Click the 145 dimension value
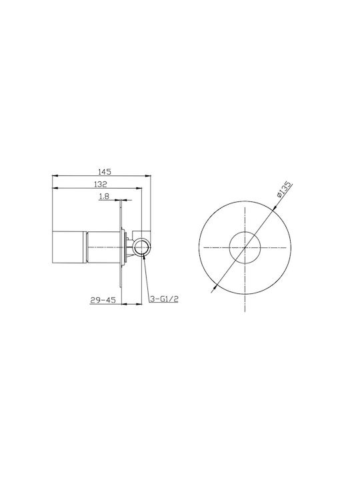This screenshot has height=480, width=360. [105, 172]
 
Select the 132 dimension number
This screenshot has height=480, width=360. [101, 184]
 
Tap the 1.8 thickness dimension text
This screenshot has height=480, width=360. [104, 196]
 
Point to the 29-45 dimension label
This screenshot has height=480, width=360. [103, 300]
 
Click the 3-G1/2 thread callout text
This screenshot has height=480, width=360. [164, 299]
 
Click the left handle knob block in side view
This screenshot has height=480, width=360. [68, 247]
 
